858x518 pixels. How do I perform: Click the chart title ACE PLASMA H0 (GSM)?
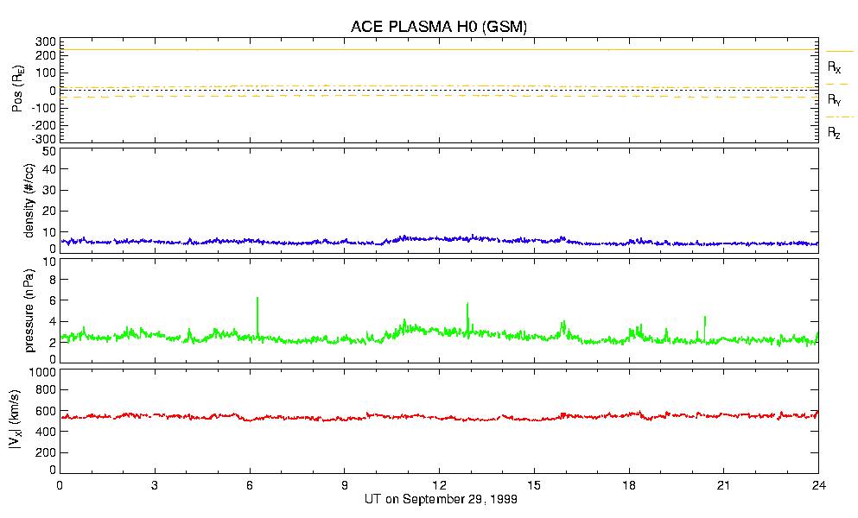438,27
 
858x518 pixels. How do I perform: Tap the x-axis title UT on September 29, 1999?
438,499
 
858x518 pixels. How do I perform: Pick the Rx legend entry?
835,66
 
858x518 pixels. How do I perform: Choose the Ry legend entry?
835,100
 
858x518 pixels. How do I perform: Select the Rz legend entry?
835,133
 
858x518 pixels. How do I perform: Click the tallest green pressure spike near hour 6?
257,299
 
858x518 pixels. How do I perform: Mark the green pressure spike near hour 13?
467,305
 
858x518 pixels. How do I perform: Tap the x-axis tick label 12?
439,485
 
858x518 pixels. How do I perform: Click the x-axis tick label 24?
818,485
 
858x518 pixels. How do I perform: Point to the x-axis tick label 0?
60,485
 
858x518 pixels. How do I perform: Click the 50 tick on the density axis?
48,151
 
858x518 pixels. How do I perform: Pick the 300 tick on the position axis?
46,41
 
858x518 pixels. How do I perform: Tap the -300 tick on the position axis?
44,138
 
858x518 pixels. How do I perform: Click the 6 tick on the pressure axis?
52,300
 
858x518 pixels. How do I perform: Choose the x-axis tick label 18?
629,485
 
